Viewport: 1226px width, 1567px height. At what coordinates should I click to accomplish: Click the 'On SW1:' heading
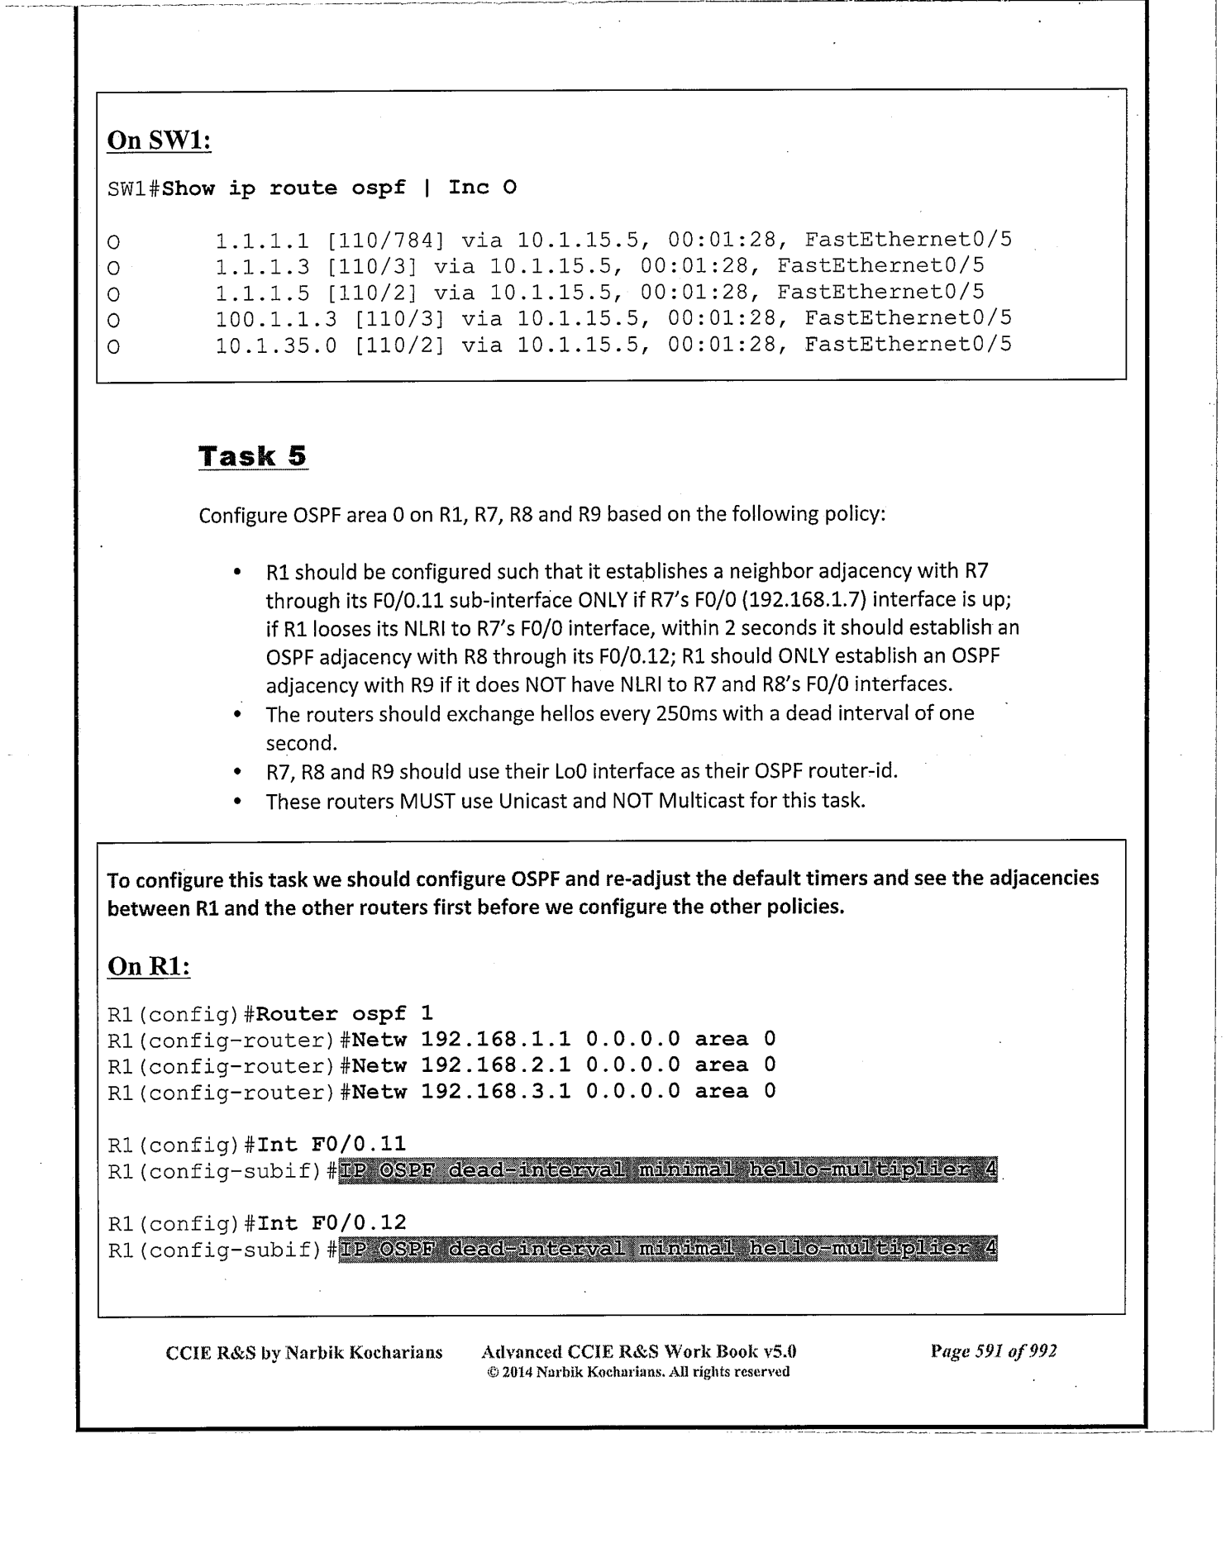coord(159,140)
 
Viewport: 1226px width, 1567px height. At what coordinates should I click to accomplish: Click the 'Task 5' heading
coord(252,455)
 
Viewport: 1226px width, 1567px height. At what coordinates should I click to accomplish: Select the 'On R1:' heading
coord(149,966)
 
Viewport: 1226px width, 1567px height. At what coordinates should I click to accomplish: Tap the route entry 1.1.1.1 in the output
coord(262,241)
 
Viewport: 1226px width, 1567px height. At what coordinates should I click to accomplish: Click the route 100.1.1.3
coord(276,318)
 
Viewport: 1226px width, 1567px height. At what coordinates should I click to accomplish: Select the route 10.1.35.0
coord(276,345)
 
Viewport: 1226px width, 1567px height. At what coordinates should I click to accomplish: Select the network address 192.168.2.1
coord(495,1065)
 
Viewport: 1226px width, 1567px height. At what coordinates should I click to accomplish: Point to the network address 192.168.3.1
coord(495,1092)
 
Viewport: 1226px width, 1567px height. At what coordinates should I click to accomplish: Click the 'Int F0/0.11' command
coord(332,1144)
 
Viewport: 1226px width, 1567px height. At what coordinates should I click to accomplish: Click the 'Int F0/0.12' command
coord(332,1222)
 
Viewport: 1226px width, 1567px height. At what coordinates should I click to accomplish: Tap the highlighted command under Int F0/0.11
coord(668,1169)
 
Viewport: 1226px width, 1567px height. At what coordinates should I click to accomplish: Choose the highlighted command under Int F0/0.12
coord(668,1248)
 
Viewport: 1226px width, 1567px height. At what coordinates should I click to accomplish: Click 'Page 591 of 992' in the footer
coord(993,1351)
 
